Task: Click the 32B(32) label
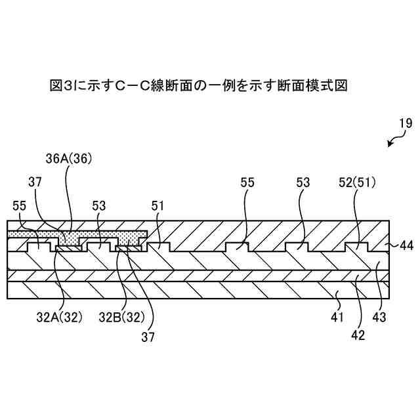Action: point(119,317)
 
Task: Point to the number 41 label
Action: point(337,317)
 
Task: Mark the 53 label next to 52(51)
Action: point(303,182)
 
